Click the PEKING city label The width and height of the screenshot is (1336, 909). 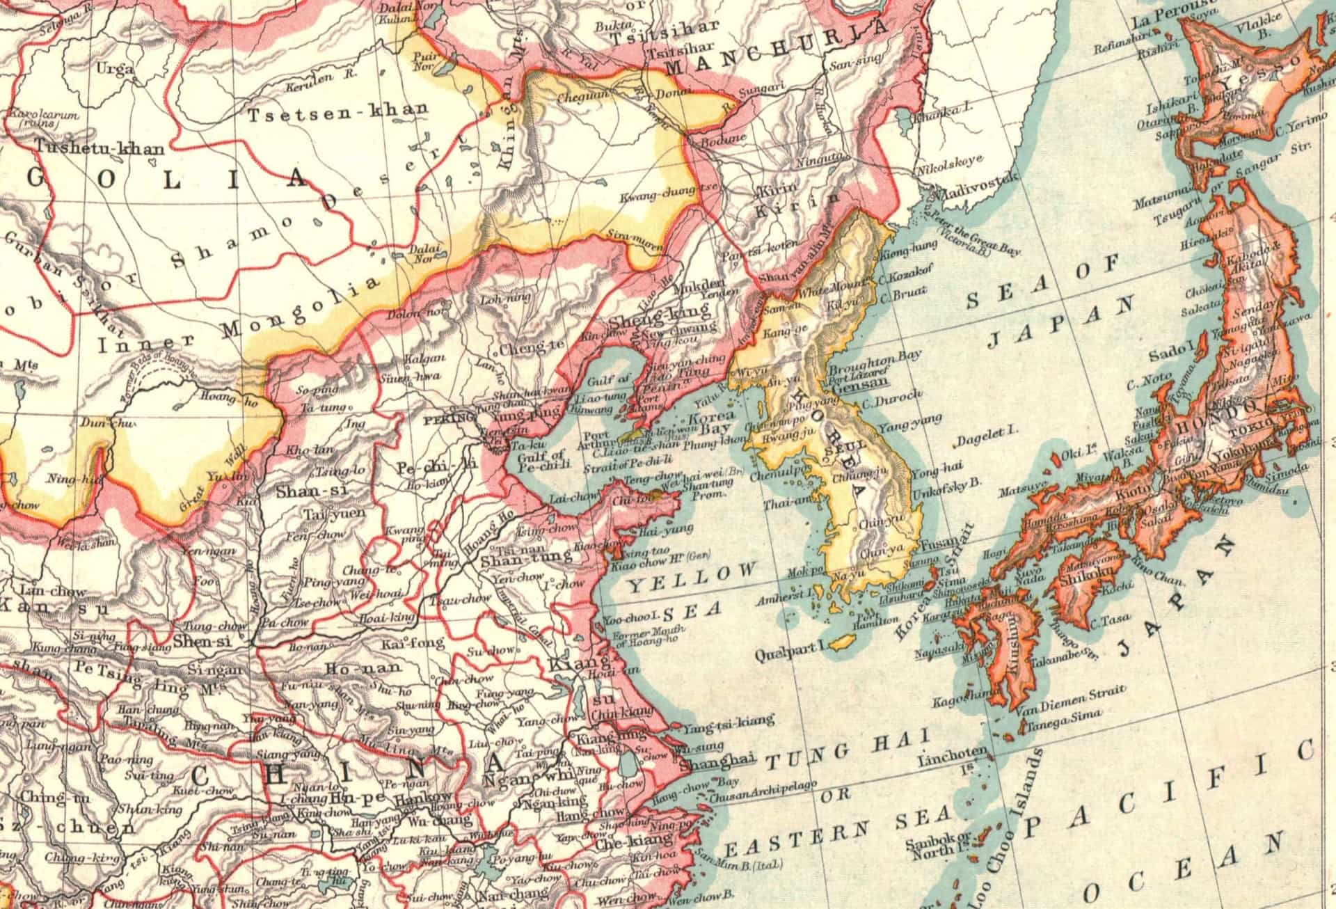pyautogui.click(x=448, y=419)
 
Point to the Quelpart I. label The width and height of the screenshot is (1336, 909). pyautogui.click(x=789, y=655)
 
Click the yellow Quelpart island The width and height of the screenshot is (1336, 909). pyautogui.click(x=842, y=642)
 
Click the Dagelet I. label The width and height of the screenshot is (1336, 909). pyautogui.click(x=986, y=432)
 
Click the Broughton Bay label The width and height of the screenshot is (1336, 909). pyautogui.click(x=874, y=363)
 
